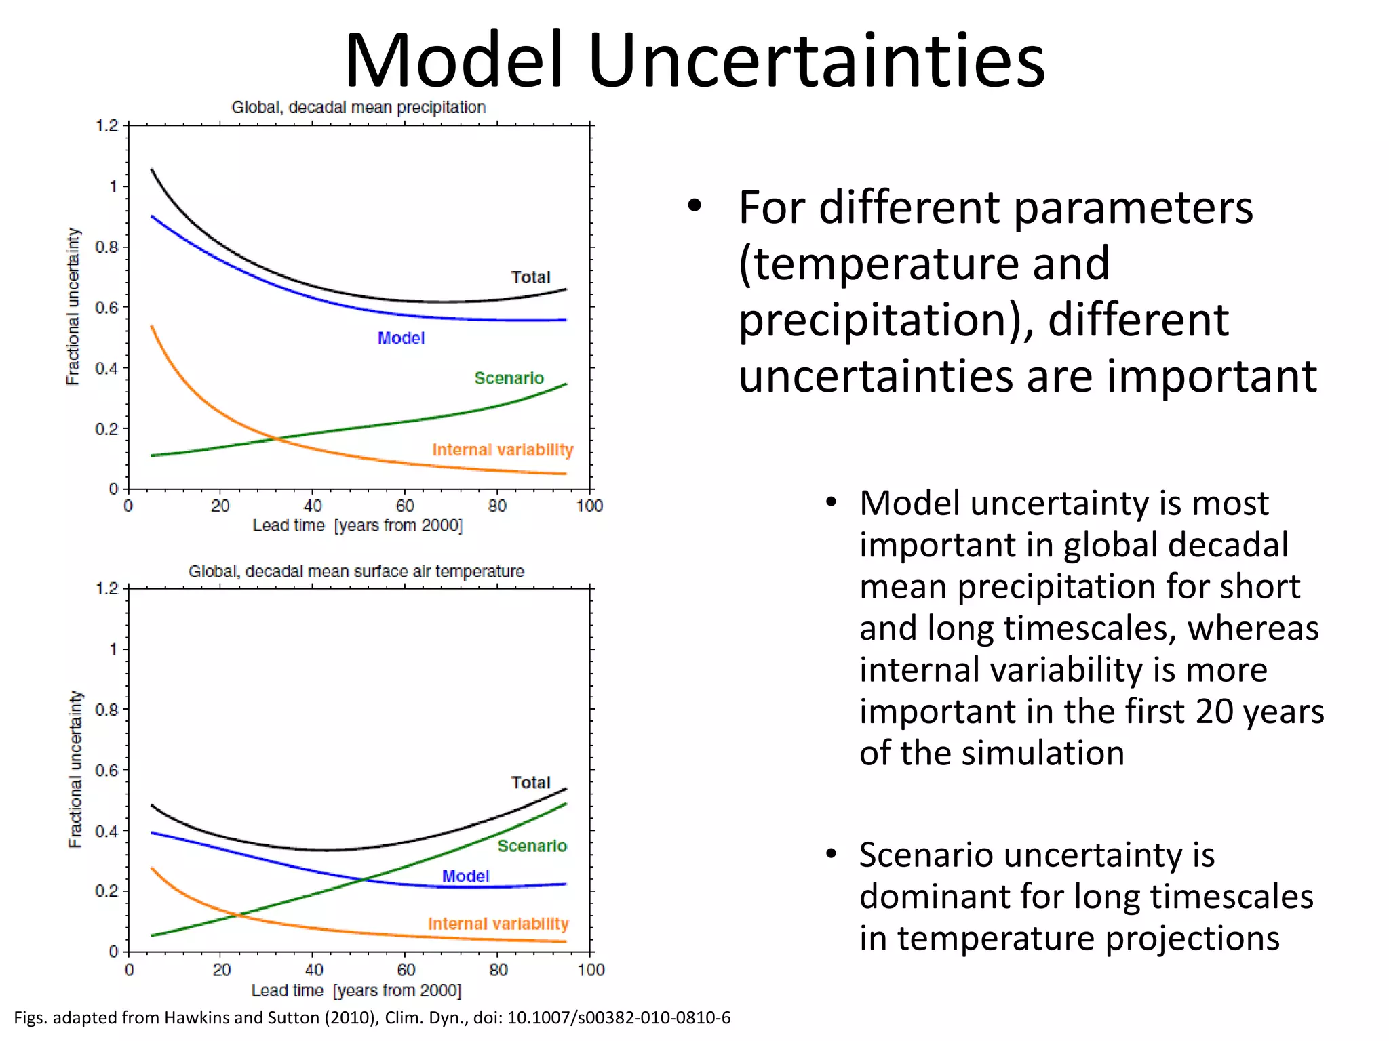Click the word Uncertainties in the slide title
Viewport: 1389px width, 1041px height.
click(x=817, y=61)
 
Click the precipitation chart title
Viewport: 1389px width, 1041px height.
click(x=358, y=108)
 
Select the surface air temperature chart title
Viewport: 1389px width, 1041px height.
click(x=356, y=571)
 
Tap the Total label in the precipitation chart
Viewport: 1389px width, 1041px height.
click(x=530, y=277)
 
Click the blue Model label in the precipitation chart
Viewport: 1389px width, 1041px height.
click(x=401, y=338)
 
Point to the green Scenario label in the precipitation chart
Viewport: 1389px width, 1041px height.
click(x=509, y=378)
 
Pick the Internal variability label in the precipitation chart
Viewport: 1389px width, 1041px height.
click(x=503, y=450)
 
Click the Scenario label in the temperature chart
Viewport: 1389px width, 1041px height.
click(x=532, y=846)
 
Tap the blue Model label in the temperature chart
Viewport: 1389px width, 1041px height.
click(x=465, y=876)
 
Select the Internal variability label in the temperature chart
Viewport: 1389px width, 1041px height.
click(x=498, y=924)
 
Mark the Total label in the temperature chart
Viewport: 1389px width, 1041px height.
click(x=530, y=783)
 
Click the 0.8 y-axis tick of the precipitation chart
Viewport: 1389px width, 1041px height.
click(x=106, y=247)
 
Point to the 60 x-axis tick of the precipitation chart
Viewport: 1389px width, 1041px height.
click(x=405, y=506)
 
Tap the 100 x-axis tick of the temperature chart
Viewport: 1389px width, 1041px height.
click(x=591, y=970)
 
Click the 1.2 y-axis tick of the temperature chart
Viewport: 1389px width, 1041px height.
click(x=107, y=588)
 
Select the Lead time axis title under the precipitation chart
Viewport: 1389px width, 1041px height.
click(x=357, y=526)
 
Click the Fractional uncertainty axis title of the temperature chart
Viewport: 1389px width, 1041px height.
click(x=75, y=769)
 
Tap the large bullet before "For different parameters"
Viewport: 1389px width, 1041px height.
click(x=693, y=206)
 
